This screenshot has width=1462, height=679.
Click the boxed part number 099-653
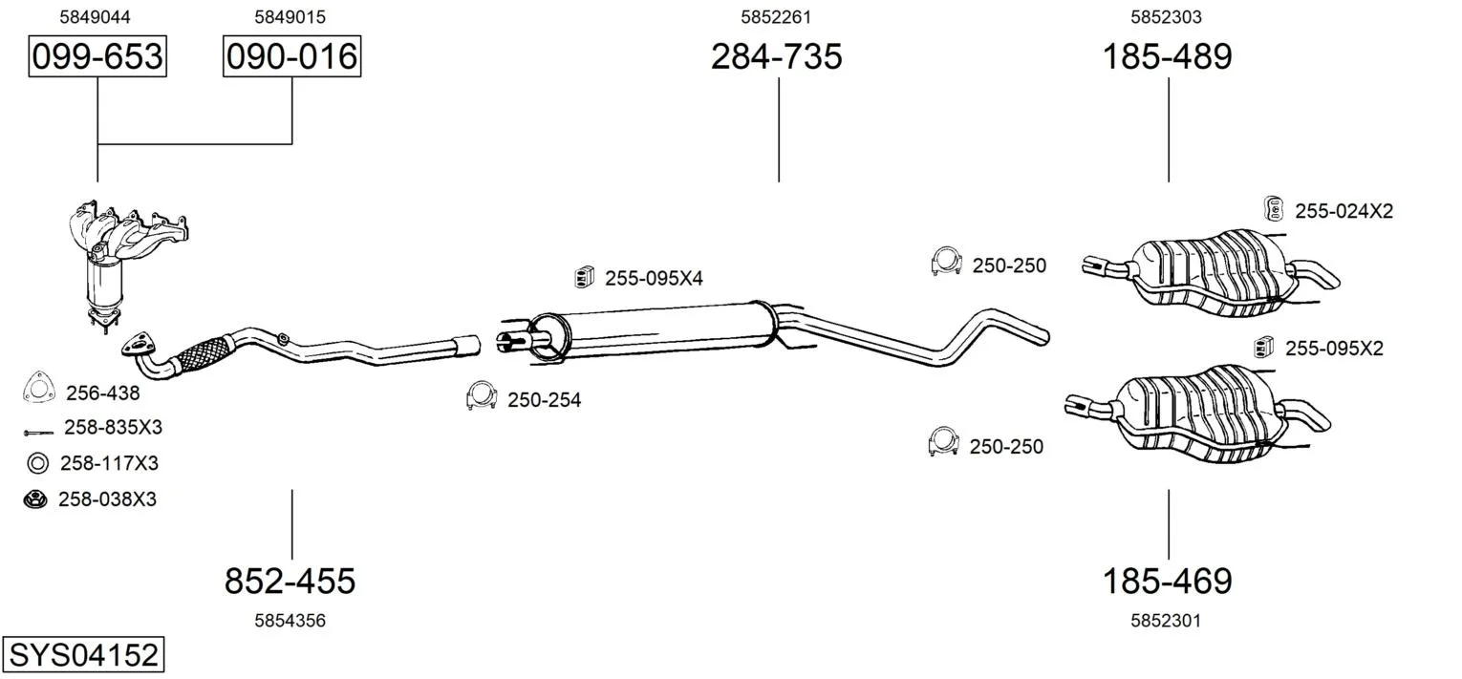click(x=97, y=56)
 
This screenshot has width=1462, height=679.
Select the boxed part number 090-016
click(x=291, y=56)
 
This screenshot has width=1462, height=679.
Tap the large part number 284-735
click(x=777, y=56)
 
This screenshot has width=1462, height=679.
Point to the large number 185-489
click(x=1167, y=56)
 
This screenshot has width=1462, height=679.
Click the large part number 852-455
click(x=290, y=581)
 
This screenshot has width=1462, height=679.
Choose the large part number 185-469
click(x=1167, y=581)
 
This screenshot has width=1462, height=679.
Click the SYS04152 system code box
click(x=83, y=654)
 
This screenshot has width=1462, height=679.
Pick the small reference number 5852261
click(x=776, y=17)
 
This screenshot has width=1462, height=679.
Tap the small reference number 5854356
click(x=290, y=621)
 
